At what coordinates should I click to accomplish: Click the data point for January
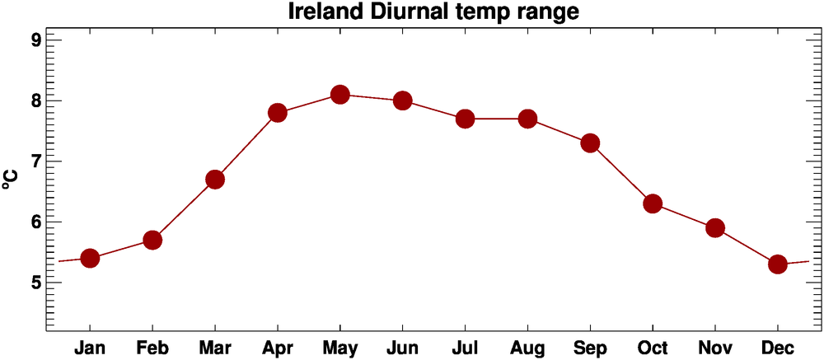(90, 258)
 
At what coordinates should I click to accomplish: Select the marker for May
(339, 95)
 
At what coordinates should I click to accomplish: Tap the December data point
(777, 264)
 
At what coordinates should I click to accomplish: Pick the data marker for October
(653, 203)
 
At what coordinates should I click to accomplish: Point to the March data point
(215, 180)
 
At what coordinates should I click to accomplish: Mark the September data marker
(590, 143)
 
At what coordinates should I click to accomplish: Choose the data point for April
(277, 113)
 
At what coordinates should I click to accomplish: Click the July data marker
(465, 119)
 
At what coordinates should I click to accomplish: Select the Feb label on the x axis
(152, 348)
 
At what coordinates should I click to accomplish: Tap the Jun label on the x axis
(402, 348)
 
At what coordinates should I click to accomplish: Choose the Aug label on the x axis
(527, 348)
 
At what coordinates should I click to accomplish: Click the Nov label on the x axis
(714, 348)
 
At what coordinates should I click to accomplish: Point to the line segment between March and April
(246, 147)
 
